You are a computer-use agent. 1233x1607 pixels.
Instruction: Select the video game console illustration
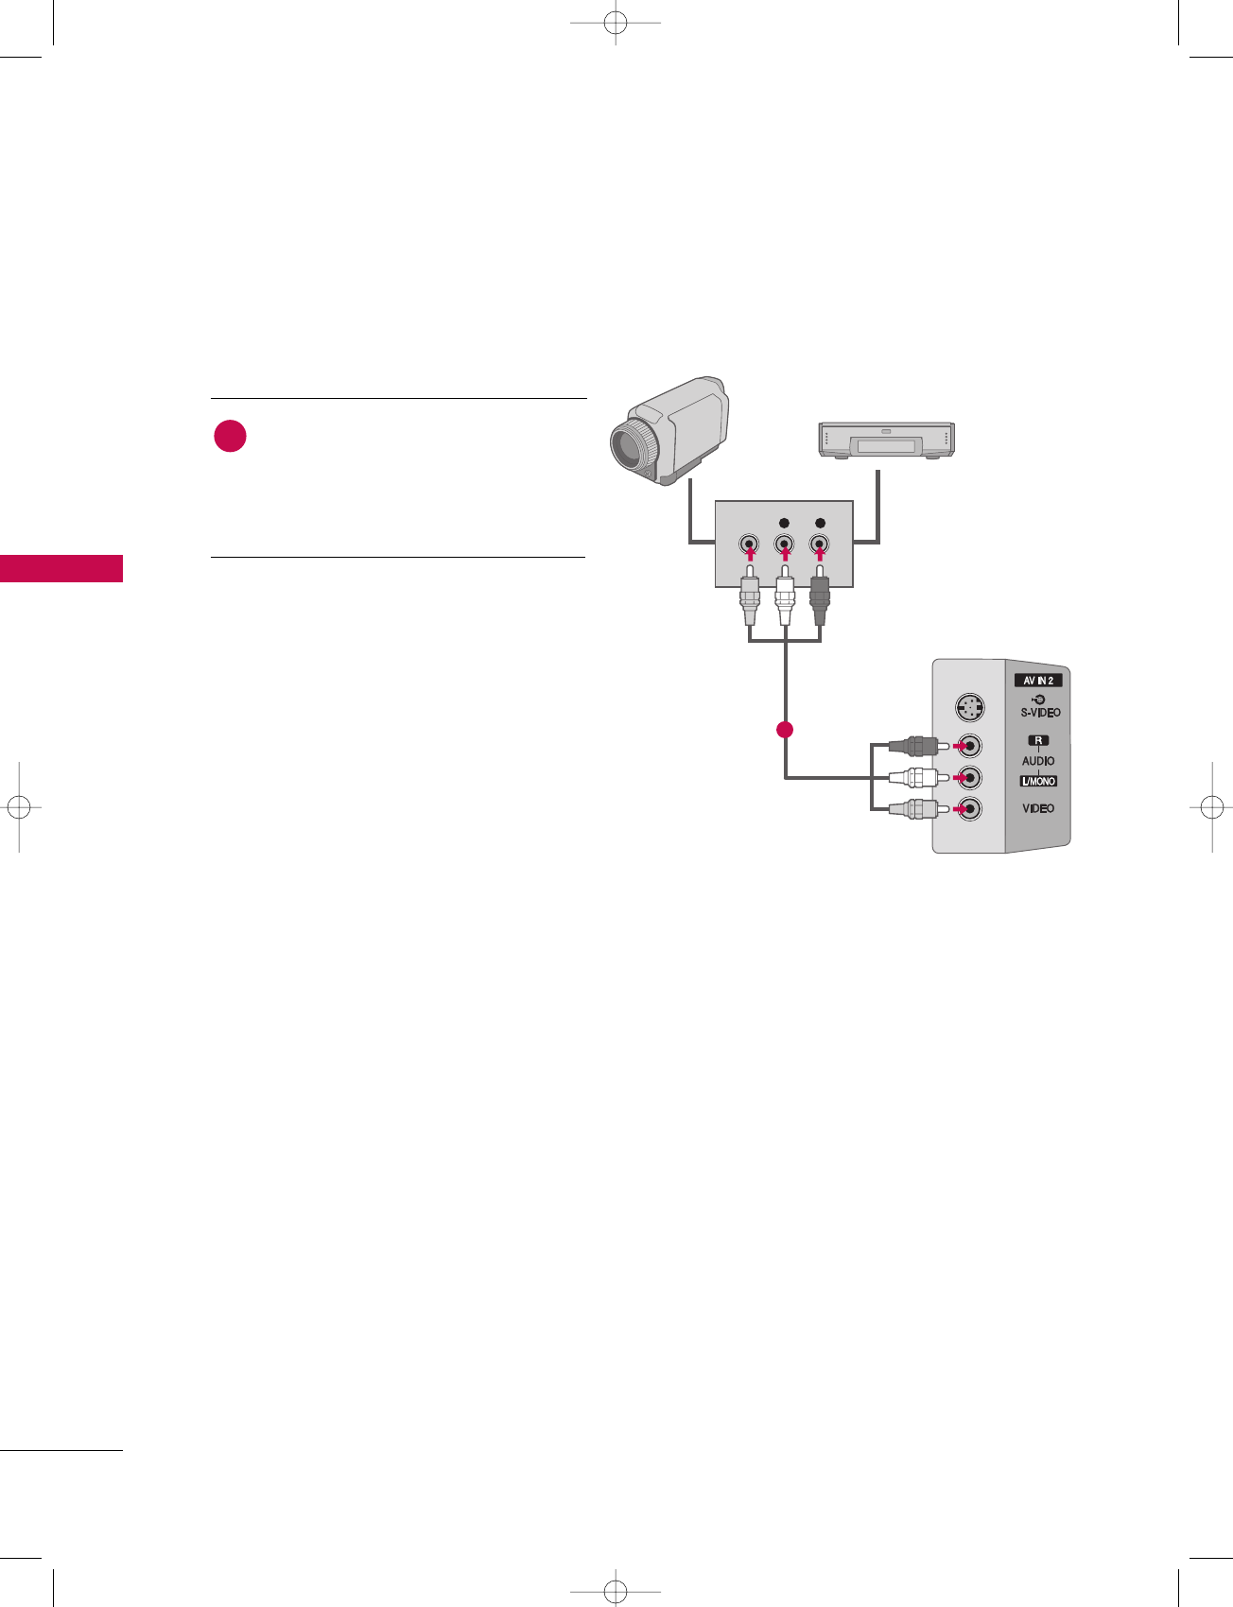885,441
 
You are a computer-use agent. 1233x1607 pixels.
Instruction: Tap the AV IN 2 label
1038,680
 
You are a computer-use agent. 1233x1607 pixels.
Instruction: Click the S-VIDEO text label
1040,713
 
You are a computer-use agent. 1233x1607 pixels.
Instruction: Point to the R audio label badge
1038,740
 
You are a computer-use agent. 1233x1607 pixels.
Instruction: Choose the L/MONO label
1038,781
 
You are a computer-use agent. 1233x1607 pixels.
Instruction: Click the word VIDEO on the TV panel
1038,808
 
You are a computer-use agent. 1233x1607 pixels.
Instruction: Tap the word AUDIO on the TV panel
1038,760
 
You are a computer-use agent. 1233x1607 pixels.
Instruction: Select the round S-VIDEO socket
968,707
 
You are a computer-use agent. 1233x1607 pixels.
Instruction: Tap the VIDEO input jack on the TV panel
969,809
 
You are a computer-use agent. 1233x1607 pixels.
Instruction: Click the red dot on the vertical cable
784,729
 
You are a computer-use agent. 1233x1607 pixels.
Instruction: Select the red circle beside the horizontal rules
230,437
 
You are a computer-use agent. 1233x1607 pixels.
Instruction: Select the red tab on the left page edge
61,568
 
